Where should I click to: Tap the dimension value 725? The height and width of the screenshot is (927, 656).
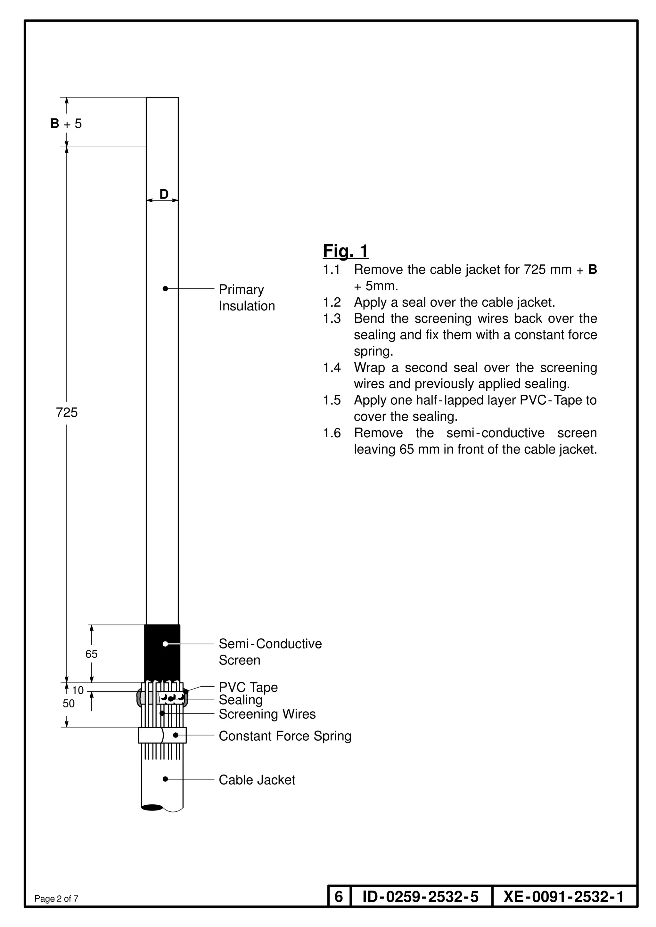(x=67, y=412)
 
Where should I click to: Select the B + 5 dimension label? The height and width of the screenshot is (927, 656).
(x=66, y=124)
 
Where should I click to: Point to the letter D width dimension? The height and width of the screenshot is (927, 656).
(x=164, y=194)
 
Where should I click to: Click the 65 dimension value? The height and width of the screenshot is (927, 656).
(x=91, y=654)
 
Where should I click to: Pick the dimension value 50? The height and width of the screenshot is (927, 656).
(x=69, y=703)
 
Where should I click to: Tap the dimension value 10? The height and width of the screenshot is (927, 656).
(x=78, y=690)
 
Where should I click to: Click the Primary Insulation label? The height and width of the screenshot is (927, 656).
(x=246, y=298)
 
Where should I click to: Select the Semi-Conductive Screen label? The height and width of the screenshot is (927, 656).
(x=270, y=652)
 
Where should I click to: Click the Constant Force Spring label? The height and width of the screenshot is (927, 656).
(x=285, y=736)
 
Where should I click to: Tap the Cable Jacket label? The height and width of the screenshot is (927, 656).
(x=257, y=780)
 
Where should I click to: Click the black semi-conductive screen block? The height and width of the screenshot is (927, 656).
(x=162, y=652)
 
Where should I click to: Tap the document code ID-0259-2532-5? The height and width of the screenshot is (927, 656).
(x=421, y=897)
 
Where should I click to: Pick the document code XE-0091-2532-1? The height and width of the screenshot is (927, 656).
(x=563, y=897)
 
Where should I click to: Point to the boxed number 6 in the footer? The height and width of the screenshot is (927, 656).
(x=339, y=897)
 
